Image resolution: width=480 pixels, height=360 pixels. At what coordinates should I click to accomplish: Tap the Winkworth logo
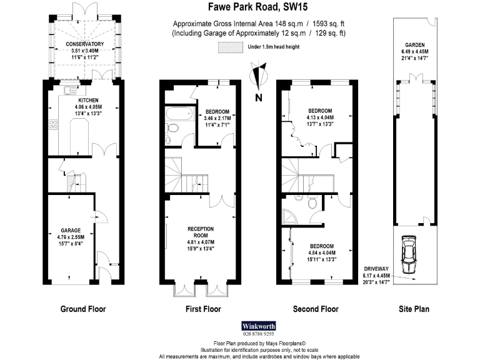pyautogui.click(x=258, y=326)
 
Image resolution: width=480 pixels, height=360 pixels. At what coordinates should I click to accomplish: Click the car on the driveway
pyautogui.click(x=409, y=254)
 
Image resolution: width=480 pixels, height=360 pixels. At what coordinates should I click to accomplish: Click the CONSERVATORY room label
pyautogui.click(x=84, y=44)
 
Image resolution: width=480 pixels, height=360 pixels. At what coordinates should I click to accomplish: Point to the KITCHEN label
pyautogui.click(x=88, y=100)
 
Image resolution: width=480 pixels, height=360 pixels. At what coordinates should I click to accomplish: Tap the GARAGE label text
pyautogui.click(x=71, y=230)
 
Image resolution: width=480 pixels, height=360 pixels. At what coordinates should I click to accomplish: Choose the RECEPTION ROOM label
pyautogui.click(x=201, y=232)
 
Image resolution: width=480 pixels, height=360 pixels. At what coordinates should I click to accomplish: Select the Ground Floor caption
pyautogui.click(x=83, y=309)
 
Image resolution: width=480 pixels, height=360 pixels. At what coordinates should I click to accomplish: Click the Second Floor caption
pyautogui.click(x=316, y=309)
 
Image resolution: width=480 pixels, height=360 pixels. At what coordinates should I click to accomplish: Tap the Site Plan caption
pyautogui.click(x=413, y=309)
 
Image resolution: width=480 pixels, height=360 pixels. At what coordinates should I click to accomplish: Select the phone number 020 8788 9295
pyautogui.click(x=258, y=334)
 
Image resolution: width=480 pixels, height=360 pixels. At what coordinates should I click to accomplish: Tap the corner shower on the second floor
pyautogui.click(x=291, y=216)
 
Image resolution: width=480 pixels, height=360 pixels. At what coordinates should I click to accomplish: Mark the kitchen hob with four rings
pyautogui.click(x=53, y=123)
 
